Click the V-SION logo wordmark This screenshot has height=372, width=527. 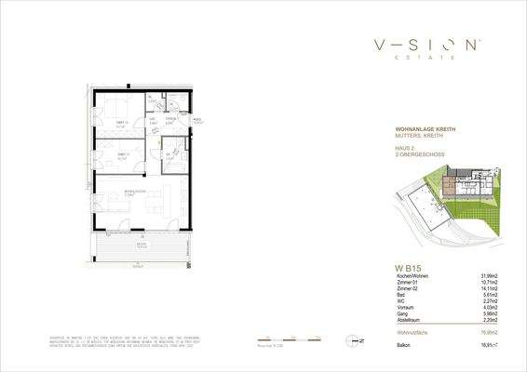click(427, 44)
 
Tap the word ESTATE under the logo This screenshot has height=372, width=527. click(427, 58)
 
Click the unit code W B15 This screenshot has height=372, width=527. click(408, 268)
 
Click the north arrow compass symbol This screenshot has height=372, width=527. click(350, 341)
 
